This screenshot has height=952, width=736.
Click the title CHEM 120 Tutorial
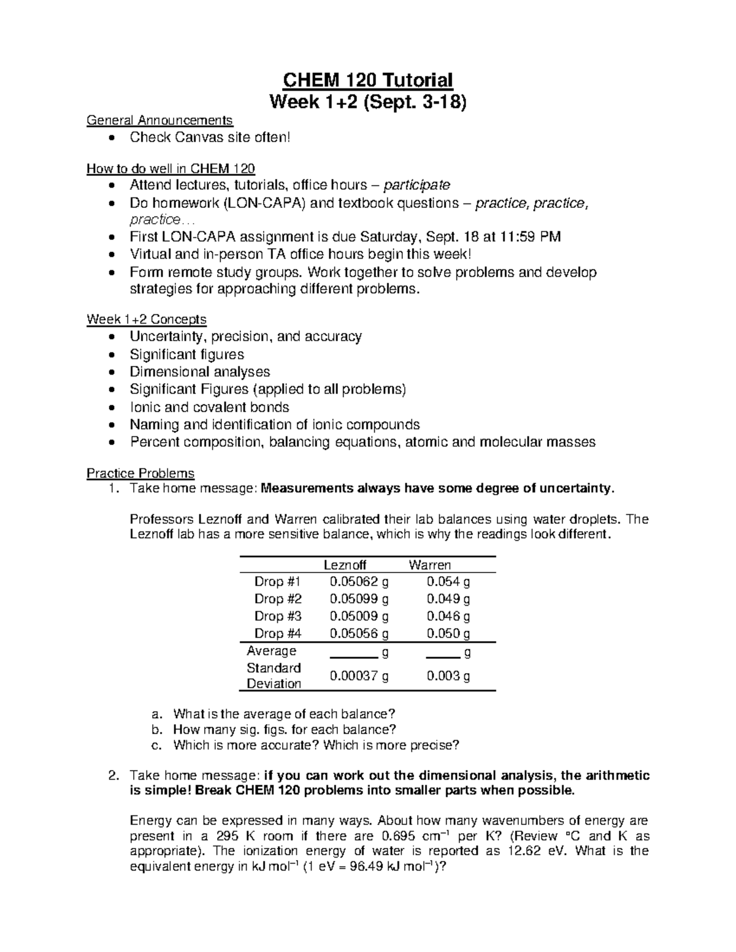point(367,80)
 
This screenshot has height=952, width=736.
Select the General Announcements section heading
point(159,120)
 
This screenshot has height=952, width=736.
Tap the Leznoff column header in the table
point(345,565)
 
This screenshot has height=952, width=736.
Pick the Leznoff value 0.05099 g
point(359,599)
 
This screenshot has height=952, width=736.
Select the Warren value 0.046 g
point(448,616)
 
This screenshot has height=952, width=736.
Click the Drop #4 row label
point(278,633)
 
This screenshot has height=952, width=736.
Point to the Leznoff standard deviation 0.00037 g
point(359,676)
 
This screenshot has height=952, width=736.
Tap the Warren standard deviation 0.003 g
point(448,676)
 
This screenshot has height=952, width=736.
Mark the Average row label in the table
point(271,650)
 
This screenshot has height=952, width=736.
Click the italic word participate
point(416,185)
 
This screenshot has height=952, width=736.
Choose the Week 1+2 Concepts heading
point(147,319)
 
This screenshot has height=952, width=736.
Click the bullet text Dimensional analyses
point(200,372)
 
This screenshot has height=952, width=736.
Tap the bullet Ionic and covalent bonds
point(209,408)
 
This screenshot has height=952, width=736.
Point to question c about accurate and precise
point(316,745)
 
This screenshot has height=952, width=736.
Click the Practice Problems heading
point(140,473)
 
